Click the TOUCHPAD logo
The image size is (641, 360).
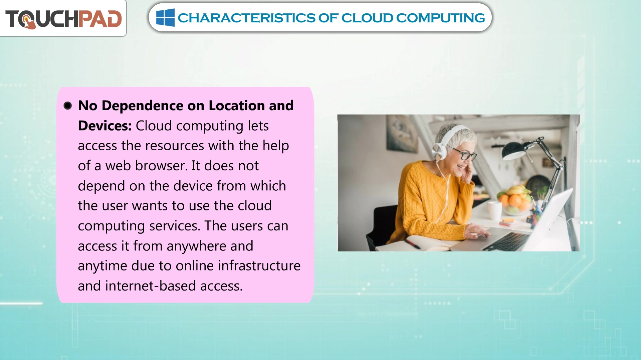pos(63,19)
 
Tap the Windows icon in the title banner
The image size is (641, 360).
pos(165,18)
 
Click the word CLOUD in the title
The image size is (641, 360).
pos(367,18)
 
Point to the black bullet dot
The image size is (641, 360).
pos(68,106)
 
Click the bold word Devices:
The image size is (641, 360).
pos(105,126)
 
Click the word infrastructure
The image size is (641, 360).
pos(259,266)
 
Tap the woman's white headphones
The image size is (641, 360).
pos(446,142)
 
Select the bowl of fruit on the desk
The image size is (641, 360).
pos(514,200)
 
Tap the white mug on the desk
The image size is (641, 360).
pos(494,210)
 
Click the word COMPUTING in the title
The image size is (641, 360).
pos(441,18)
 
